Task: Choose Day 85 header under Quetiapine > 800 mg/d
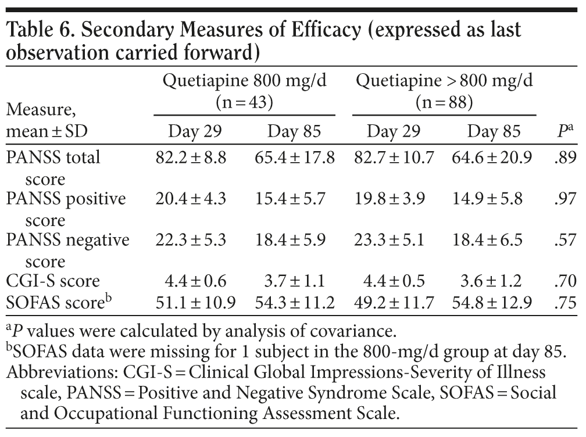494,131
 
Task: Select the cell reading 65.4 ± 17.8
294,157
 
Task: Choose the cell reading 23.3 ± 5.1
394,240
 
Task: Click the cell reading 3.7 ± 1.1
294,281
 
